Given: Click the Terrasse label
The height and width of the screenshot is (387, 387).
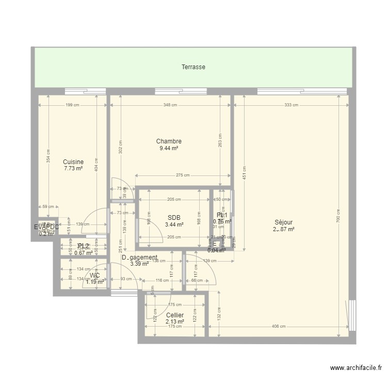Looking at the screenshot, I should tap(193, 67).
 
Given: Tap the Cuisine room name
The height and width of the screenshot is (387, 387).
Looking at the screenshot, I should tap(73, 162).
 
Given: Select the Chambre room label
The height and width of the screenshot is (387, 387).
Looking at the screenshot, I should tap(169, 141).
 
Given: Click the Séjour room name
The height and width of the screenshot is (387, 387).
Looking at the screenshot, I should tap(284, 222).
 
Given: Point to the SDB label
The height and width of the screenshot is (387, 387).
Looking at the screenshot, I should tap(174, 217).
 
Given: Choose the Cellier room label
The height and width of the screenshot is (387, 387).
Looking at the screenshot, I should tap(175, 315).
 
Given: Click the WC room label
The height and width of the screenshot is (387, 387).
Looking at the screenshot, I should tap(94, 276).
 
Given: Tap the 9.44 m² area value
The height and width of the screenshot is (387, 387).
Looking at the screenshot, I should tap(169, 148).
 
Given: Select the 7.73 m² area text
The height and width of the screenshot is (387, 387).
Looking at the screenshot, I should tap(73, 169).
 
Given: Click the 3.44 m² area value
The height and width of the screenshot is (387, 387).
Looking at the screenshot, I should tap(174, 224).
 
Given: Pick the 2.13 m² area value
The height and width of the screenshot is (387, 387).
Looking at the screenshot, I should tap(175, 322).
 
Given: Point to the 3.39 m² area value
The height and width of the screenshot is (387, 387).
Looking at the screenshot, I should tap(139, 264).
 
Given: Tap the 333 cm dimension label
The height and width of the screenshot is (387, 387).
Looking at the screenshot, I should tap(291, 105).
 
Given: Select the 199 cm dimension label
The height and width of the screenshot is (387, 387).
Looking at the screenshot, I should tap(73, 105).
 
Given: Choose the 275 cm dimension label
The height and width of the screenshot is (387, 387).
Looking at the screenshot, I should tap(183, 175).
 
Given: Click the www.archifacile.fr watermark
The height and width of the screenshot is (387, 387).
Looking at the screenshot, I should tap(356, 368).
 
